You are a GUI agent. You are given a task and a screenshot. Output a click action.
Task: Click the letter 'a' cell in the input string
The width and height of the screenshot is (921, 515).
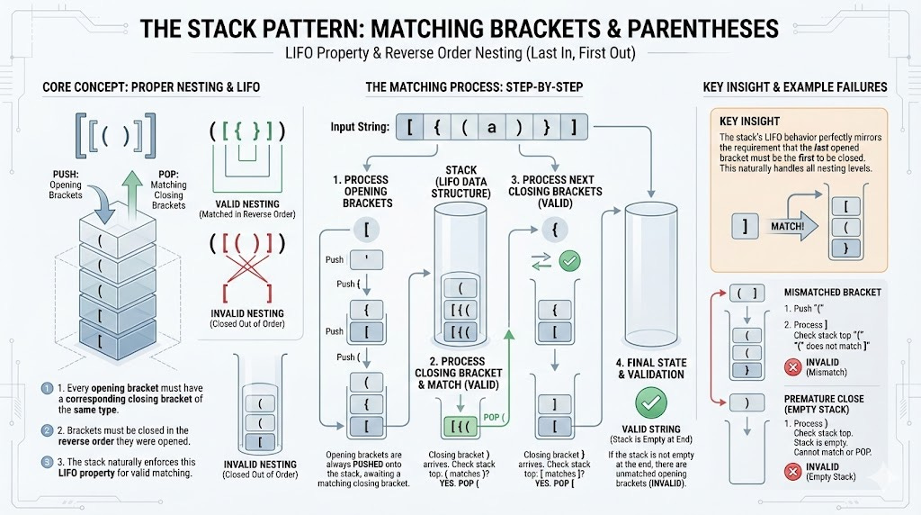(491, 127)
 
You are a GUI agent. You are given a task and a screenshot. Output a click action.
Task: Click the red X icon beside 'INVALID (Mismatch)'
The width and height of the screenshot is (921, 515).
(767, 365)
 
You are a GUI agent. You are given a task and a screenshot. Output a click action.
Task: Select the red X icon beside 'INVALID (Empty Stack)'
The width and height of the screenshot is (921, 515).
(767, 471)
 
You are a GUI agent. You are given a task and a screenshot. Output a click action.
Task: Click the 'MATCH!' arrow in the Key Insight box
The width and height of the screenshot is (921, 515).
(789, 226)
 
